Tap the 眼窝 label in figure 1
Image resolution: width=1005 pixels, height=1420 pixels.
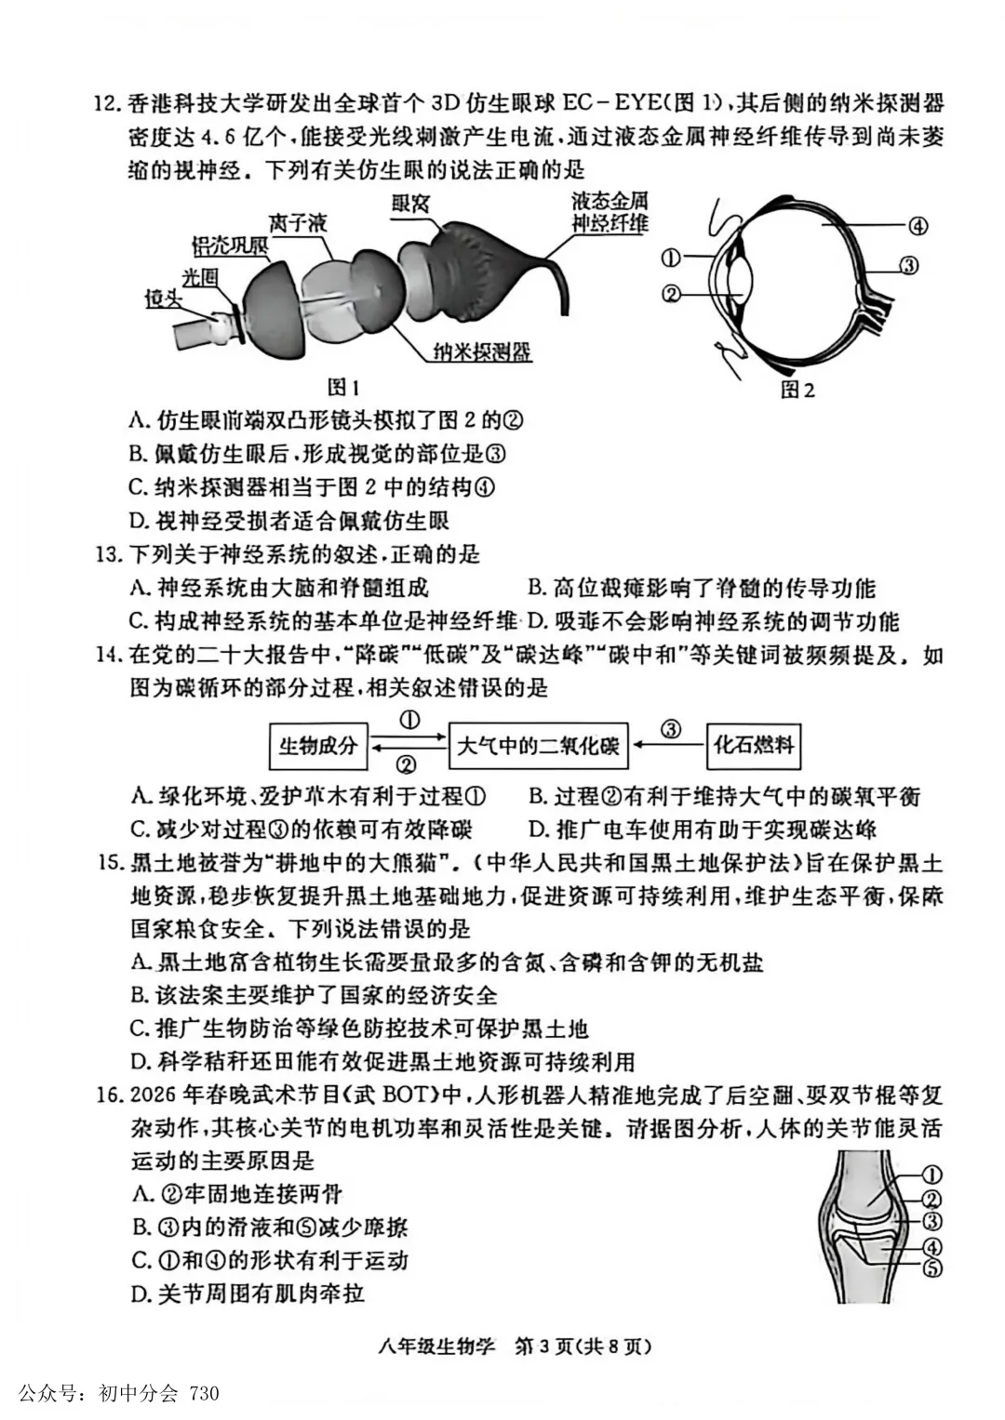410,203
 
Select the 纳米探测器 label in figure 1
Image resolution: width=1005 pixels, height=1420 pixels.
482,352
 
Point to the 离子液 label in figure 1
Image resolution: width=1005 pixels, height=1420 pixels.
299,223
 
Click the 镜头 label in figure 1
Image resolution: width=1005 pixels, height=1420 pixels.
162,298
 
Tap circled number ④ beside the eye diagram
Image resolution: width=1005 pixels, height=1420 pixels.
918,225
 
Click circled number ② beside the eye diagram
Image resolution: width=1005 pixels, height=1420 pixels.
671,294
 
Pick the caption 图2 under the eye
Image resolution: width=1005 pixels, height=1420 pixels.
797,389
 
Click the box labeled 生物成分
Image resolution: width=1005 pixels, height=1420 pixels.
317,745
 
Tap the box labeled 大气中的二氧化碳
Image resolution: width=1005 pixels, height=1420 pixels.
538,745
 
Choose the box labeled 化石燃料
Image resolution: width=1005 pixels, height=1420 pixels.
754,745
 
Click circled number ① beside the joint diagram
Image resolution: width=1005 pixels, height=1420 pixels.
931,1175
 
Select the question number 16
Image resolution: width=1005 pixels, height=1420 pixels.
110,1094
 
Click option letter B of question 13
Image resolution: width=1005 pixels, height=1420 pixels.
536,588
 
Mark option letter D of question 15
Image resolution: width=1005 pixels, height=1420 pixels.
141,1061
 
